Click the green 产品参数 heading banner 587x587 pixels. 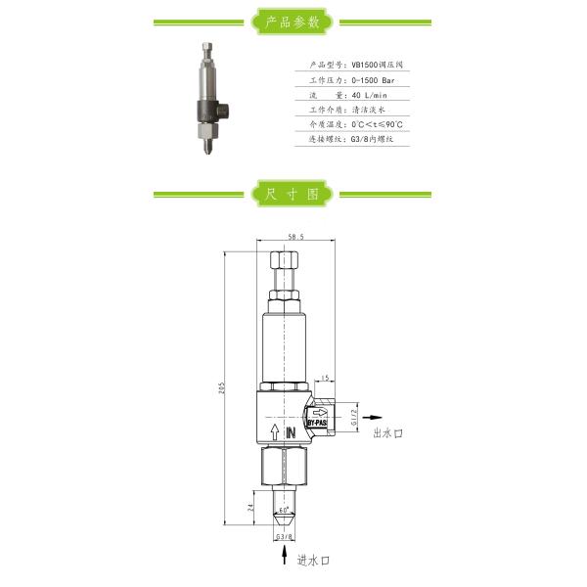(293, 21)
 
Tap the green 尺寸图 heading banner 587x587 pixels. (293, 194)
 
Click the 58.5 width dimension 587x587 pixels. (294, 236)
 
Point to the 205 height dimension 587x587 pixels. (222, 387)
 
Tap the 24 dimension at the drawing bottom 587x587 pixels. (250, 508)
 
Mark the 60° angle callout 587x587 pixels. (284, 511)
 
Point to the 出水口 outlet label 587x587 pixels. (388, 431)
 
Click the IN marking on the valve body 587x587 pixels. (290, 429)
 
